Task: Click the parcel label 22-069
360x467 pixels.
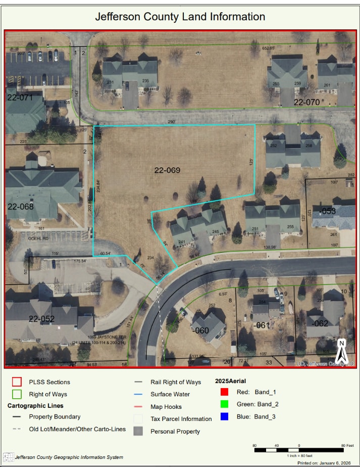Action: coord(167,170)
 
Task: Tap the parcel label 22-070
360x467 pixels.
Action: coord(307,102)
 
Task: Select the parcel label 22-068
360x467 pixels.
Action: coord(20,206)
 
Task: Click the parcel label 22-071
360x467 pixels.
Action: coord(20,97)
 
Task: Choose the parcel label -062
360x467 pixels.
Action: coord(321,323)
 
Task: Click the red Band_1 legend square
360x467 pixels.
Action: coord(225,392)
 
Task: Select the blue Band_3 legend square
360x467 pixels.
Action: coord(225,416)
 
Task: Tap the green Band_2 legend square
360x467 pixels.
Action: coord(225,404)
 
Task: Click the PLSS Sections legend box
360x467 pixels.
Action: coord(17,382)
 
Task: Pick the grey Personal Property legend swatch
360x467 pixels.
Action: coord(138,431)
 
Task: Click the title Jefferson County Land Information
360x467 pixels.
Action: coord(180,17)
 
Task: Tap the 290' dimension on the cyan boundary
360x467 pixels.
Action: coord(171,122)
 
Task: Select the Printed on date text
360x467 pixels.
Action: coord(325,462)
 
